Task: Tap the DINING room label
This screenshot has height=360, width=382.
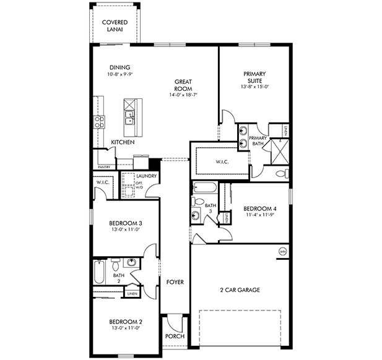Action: pyautogui.click(x=119, y=67)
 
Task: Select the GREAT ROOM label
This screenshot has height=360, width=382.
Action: pyautogui.click(x=183, y=85)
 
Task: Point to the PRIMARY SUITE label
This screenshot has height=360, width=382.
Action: pyautogui.click(x=254, y=78)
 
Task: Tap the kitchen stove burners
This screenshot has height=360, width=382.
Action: pyautogui.click(x=99, y=122)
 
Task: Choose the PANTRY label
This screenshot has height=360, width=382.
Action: pyautogui.click(x=104, y=166)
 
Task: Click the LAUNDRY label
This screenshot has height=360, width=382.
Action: pyautogui.click(x=150, y=177)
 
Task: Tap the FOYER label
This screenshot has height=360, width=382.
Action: pyautogui.click(x=175, y=282)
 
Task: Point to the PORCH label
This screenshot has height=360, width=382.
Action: pyautogui.click(x=175, y=336)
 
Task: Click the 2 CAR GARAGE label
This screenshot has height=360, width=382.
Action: pyautogui.click(x=240, y=289)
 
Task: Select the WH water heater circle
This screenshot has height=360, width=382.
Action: pyautogui.click(x=283, y=251)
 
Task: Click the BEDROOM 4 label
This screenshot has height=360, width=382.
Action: pyautogui.click(x=259, y=208)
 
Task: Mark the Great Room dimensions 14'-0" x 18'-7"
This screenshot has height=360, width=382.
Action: pyautogui.click(x=183, y=95)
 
